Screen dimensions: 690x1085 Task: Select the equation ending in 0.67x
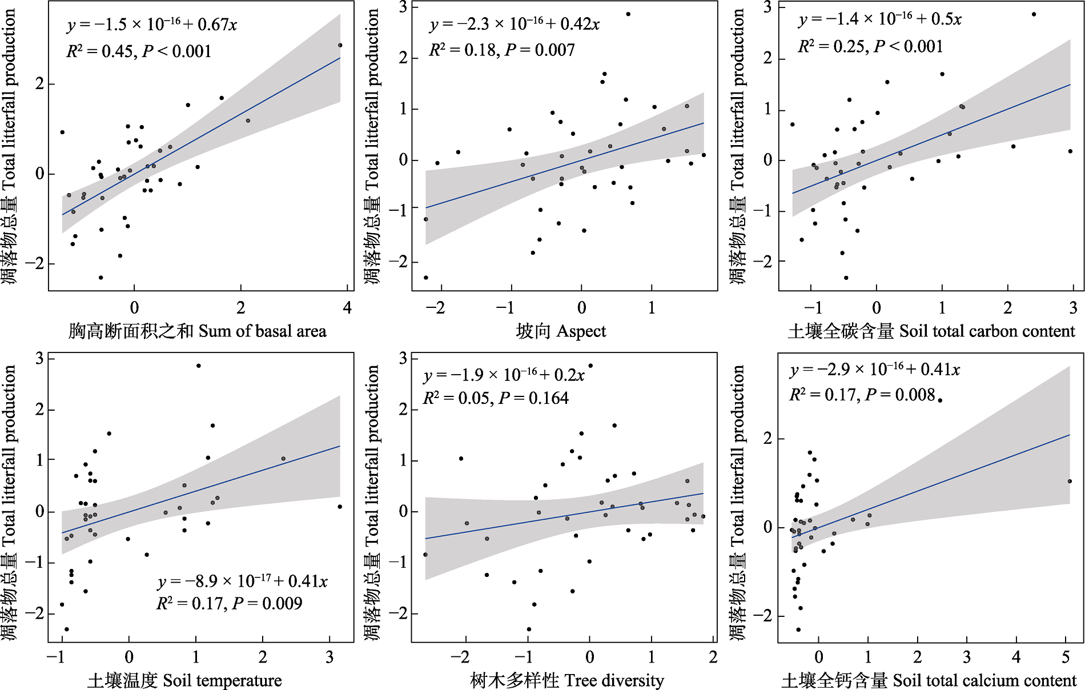click(x=151, y=25)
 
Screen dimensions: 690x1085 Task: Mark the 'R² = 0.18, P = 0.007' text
click(x=501, y=50)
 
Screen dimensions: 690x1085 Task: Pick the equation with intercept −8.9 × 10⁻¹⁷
click(x=242, y=581)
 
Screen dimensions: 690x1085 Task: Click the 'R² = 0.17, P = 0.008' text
click(x=862, y=395)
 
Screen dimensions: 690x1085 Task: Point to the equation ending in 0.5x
click(x=879, y=19)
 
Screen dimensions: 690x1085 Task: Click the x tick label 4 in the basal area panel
click(x=347, y=308)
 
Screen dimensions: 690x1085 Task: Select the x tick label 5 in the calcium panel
click(x=1066, y=657)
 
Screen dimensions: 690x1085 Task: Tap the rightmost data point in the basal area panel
click(x=340, y=45)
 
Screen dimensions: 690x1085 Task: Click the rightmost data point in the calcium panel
click(x=1070, y=482)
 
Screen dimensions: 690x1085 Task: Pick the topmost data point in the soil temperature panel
click(x=198, y=366)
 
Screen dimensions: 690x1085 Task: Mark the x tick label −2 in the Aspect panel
click(x=435, y=308)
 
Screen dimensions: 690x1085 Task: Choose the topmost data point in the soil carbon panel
click(x=1034, y=14)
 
